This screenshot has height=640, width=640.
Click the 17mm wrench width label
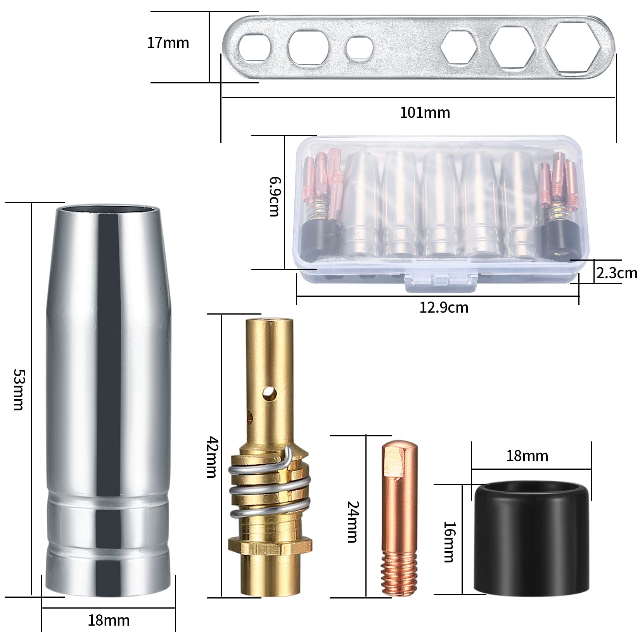click(x=168, y=43)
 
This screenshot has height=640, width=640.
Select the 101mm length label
click(x=425, y=113)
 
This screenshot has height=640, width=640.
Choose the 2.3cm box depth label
click(x=616, y=273)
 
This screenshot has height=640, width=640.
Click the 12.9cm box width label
click(x=444, y=308)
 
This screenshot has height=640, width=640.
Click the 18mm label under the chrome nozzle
click(x=109, y=620)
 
